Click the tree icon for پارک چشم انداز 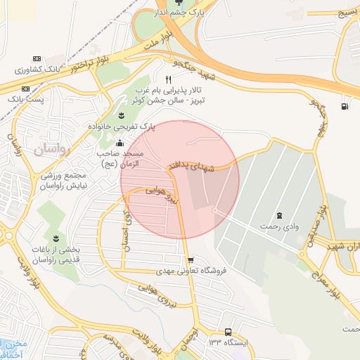(188, 4)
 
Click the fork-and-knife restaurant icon (168, 79)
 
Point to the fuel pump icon (344, 107)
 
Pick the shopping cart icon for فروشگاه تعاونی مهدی (191, 259)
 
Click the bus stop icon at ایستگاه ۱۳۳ (228, 331)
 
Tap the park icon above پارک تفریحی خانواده (121, 115)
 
